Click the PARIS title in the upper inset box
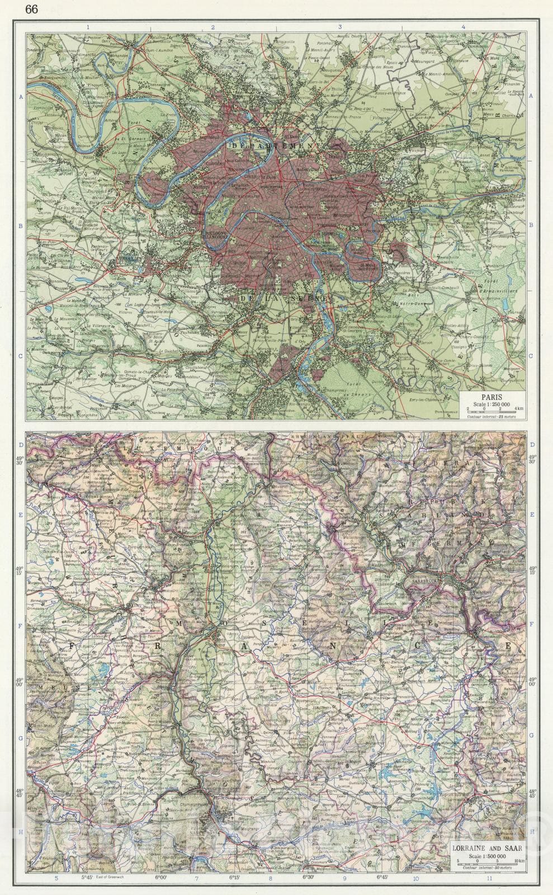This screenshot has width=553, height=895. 493,398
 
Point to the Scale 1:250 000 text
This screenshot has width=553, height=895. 492,404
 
